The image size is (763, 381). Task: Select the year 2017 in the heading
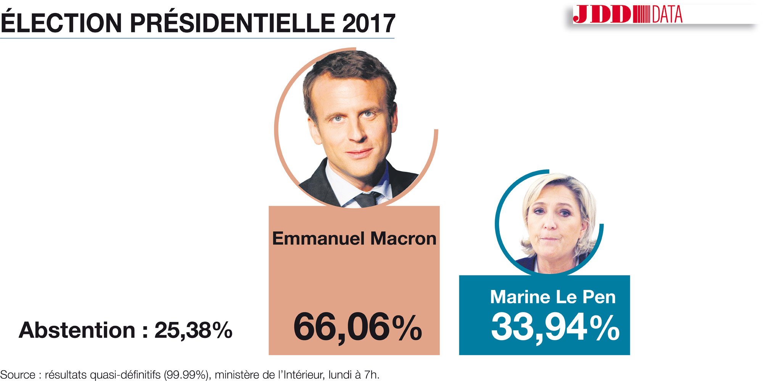(369, 24)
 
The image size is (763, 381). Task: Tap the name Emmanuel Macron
(354, 239)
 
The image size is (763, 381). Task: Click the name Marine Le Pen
(553, 297)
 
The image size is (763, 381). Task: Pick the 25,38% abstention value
(193, 330)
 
